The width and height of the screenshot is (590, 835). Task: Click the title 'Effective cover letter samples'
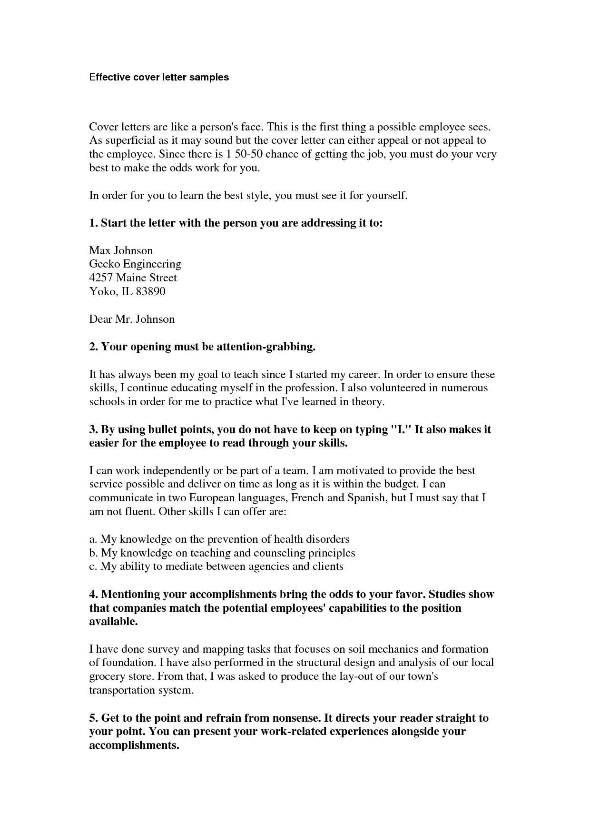(x=159, y=77)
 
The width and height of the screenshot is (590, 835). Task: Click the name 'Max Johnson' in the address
(x=121, y=250)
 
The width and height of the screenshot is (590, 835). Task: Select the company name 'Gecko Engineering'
(x=135, y=264)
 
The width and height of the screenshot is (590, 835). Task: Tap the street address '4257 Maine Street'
(x=133, y=278)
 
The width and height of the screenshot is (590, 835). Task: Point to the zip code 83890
(x=150, y=291)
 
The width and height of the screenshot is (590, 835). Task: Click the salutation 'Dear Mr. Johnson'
(x=132, y=319)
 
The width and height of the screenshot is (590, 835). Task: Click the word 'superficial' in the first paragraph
(x=125, y=140)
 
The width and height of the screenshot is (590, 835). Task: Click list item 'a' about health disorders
(x=219, y=539)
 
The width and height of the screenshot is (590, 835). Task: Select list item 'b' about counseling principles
(x=222, y=553)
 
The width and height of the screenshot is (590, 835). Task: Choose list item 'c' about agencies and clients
(x=216, y=567)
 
